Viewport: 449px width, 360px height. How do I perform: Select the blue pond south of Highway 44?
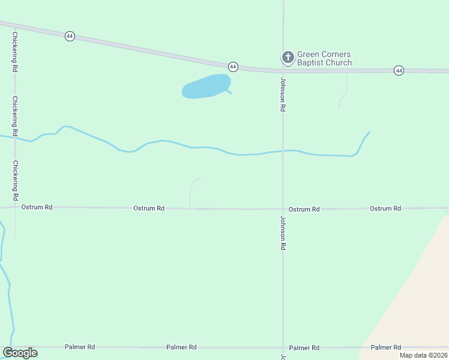206,86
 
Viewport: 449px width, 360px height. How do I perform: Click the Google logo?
20,353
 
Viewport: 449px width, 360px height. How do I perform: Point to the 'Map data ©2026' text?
424,355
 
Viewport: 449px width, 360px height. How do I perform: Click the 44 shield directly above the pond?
233,66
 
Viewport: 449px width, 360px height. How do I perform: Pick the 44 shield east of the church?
399,71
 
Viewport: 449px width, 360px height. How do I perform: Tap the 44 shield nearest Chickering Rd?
70,36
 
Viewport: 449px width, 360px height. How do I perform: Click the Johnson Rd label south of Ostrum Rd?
282,233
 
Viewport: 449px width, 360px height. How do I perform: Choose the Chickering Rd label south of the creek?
15,180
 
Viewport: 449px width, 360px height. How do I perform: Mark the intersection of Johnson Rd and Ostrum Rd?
283,209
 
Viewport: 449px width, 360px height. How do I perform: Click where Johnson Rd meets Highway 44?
283,70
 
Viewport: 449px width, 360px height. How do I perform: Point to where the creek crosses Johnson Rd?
283,151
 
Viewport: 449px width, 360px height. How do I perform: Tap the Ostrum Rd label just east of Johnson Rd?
304,209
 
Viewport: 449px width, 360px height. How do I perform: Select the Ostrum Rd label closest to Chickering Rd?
37,207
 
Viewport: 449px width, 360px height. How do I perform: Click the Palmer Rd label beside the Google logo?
79,347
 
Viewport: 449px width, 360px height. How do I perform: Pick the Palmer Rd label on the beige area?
385,347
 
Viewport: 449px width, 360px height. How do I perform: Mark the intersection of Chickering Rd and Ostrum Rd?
15,208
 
